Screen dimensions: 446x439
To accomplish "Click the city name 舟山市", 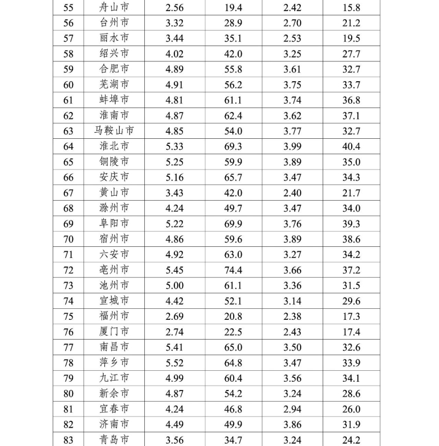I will coord(114,8).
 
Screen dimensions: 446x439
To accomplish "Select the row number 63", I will coord(69,131).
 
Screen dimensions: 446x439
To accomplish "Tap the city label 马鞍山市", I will coord(114,131).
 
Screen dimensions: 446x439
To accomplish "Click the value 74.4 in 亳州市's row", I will coord(233,270).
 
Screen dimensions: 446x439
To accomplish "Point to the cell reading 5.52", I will coord(174,363).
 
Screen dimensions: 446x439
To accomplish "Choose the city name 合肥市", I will coord(114,69).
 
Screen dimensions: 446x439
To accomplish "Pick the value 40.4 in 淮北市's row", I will coord(351,146).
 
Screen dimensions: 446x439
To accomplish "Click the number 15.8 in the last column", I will coord(351,8).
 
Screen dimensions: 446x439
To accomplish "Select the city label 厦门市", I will coord(114,332).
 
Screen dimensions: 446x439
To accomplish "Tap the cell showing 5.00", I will coord(174,285).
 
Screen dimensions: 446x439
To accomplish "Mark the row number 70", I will coord(69,239).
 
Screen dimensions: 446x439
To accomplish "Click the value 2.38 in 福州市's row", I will coord(292,317).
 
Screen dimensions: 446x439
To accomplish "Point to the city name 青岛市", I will coord(114,440).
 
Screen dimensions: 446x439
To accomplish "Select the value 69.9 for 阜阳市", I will coord(233,224).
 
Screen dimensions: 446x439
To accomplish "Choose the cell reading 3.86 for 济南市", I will coord(292,425).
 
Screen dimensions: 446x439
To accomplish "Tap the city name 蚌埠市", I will coord(114,100).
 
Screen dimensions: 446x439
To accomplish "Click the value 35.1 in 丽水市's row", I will coord(233,38).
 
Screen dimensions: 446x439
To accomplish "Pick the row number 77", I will coord(69,347).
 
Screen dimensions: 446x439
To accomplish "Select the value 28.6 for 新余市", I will coord(351,393).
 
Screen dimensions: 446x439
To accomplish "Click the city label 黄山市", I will coord(114,193).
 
